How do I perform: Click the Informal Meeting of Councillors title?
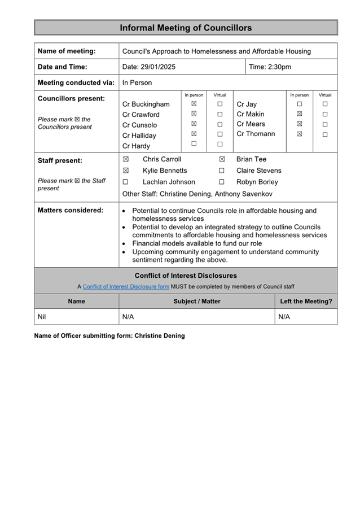186,28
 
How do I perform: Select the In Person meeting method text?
137,82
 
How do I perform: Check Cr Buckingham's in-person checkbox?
194,104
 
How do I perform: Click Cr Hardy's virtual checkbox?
220,144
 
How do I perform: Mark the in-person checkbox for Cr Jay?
300,104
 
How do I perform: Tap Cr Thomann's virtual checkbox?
325,134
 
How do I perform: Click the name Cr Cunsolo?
140,125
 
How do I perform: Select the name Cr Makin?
251,114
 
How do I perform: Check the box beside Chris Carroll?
126,159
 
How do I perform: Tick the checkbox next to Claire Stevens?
222,171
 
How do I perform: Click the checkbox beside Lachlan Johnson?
126,182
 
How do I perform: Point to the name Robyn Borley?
257,182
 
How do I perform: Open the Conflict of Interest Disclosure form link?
126,286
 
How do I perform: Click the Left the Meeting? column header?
306,302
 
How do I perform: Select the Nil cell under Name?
42,317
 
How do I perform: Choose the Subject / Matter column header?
196,302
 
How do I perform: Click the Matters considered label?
71,210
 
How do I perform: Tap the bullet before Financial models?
124,244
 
